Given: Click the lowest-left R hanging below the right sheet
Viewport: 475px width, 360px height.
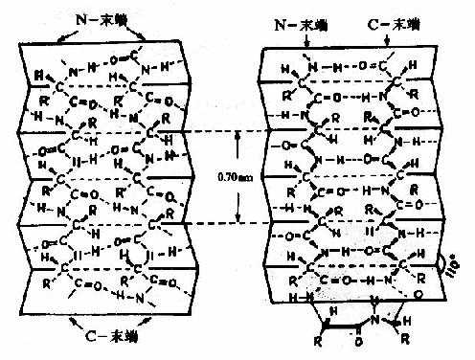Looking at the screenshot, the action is click(322, 338).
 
